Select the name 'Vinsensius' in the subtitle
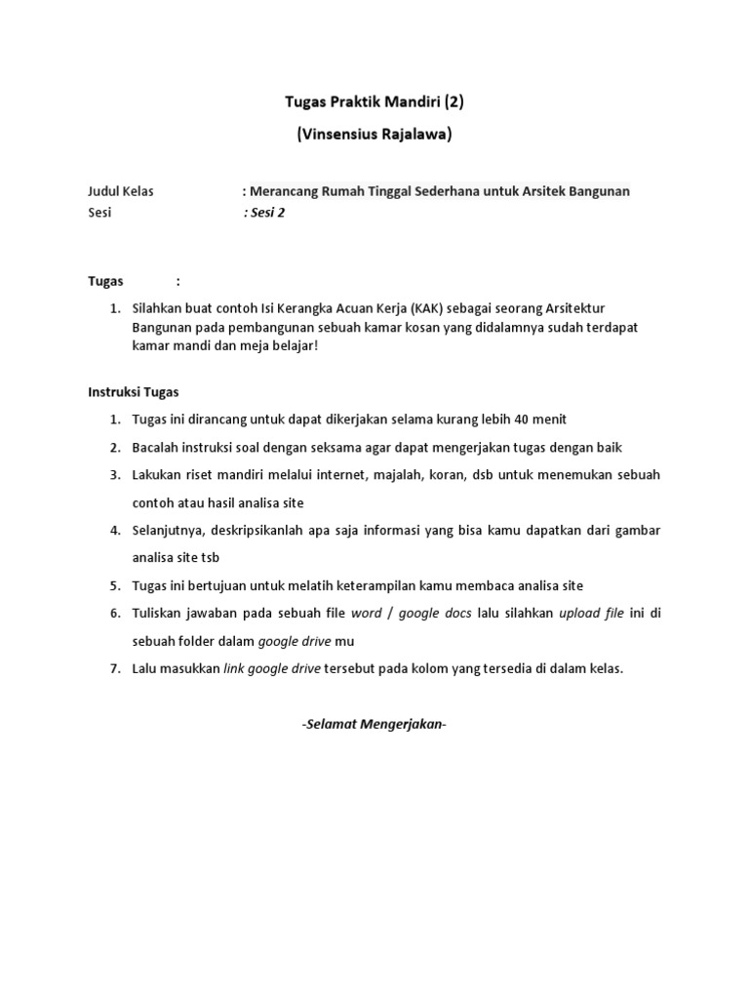(335, 136)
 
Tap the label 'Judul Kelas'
(122, 191)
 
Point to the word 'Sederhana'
(465, 191)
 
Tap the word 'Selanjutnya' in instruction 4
(166, 531)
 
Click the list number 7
(114, 669)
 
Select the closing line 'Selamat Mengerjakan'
(374, 725)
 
